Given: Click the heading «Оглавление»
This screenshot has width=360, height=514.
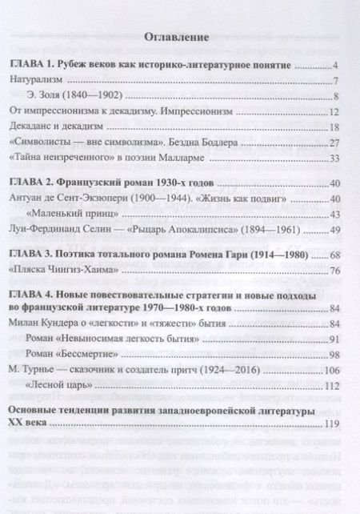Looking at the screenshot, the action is [180, 37].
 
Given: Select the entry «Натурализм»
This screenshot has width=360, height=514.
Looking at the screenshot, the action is [40, 81].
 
